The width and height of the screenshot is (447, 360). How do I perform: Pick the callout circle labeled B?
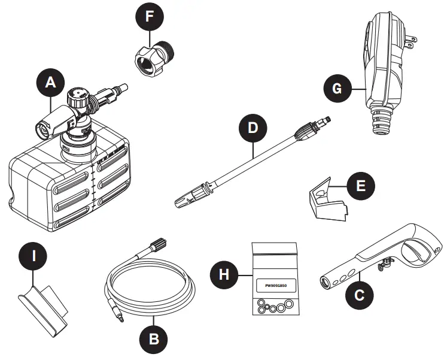pos(154,339)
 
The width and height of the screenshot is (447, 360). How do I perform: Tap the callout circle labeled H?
pos(223,275)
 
